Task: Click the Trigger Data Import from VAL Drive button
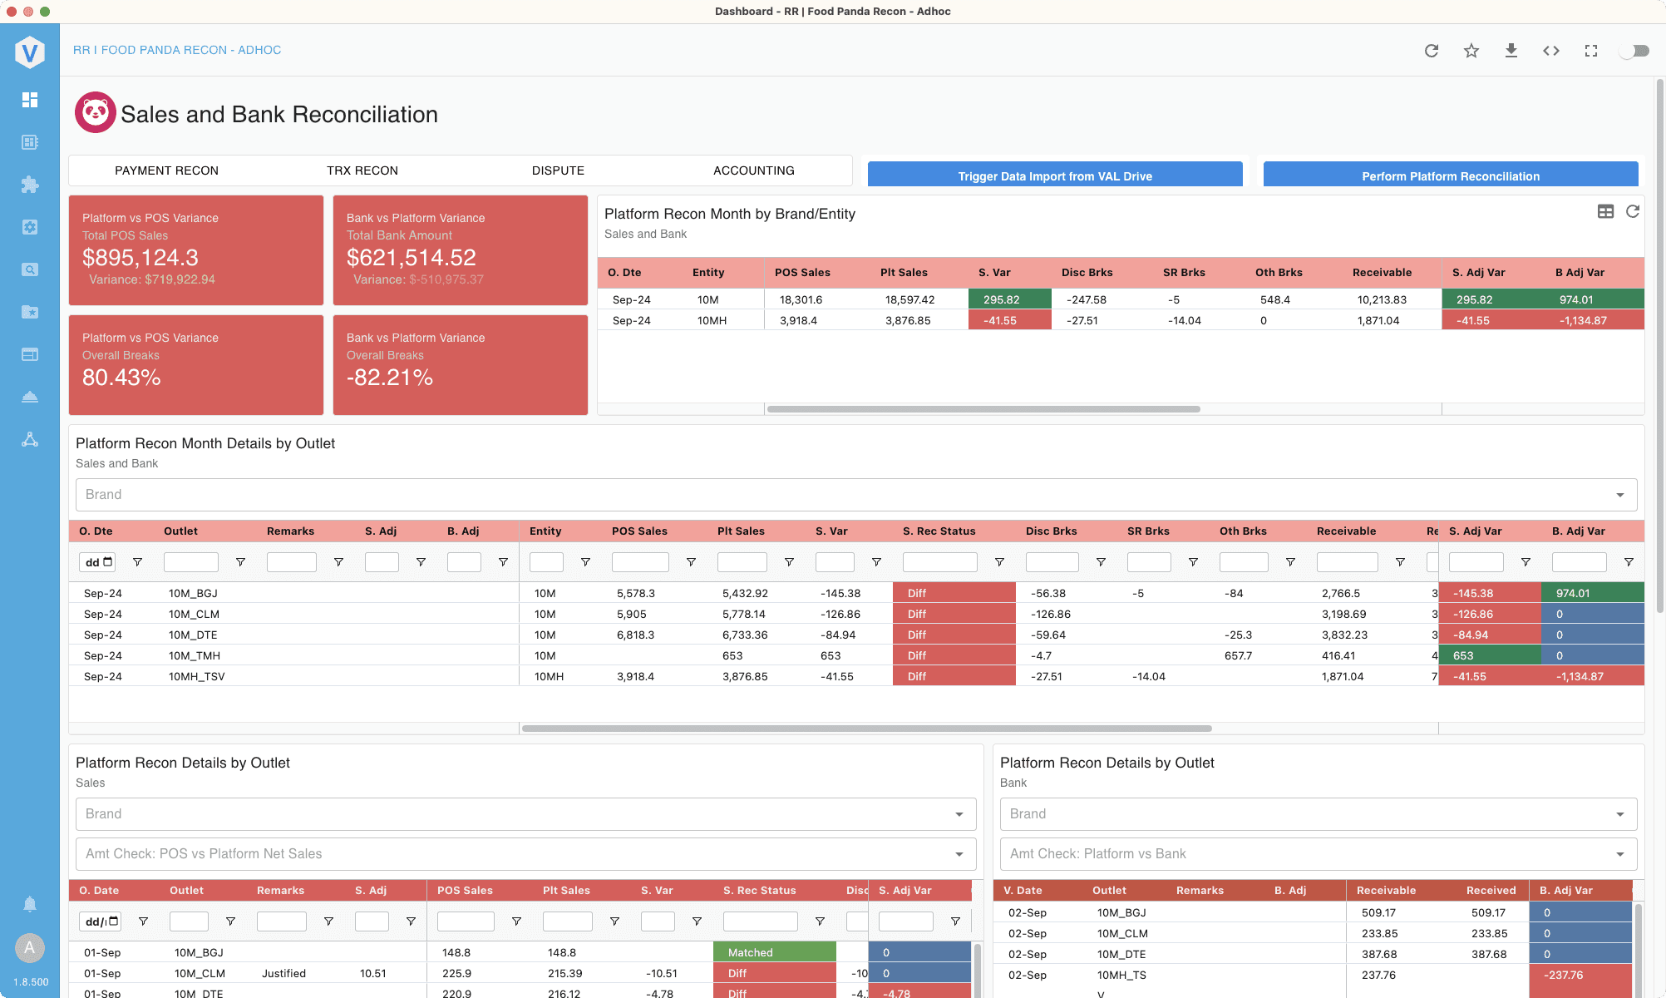click(1055, 175)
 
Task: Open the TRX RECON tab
click(362, 170)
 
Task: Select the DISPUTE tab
click(558, 170)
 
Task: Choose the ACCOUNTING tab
click(754, 170)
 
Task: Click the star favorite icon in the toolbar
click(1471, 51)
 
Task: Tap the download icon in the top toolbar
click(1511, 51)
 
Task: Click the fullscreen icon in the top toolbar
click(1591, 51)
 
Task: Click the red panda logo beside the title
click(96, 112)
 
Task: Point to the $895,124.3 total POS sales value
click(140, 258)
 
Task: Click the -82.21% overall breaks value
click(390, 378)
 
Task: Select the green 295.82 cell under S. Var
click(1010, 299)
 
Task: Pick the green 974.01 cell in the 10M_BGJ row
click(1593, 593)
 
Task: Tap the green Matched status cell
click(775, 952)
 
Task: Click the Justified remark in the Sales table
click(283, 973)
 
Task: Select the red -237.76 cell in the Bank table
click(1580, 975)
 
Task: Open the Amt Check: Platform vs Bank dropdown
click(1319, 854)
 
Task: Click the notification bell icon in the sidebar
click(30, 904)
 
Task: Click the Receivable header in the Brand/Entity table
click(1382, 272)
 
